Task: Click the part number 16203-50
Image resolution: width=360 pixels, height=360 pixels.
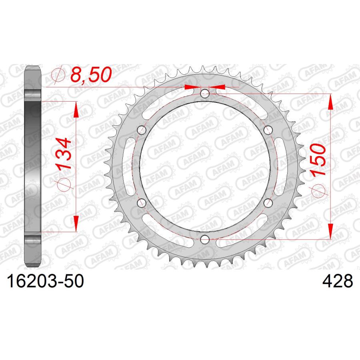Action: pos(46,281)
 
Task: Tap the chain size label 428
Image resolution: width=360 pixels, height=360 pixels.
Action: pos(338,281)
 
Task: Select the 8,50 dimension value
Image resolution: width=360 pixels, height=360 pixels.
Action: pos(91,75)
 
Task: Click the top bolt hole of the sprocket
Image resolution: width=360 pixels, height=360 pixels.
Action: pos(205,94)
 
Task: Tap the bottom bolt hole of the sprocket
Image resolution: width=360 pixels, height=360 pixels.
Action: pos(205,240)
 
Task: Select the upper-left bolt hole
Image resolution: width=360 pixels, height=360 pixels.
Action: pos(142,130)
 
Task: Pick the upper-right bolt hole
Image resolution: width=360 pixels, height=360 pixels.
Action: pos(268,130)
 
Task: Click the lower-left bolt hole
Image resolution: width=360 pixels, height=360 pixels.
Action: pos(142,203)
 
